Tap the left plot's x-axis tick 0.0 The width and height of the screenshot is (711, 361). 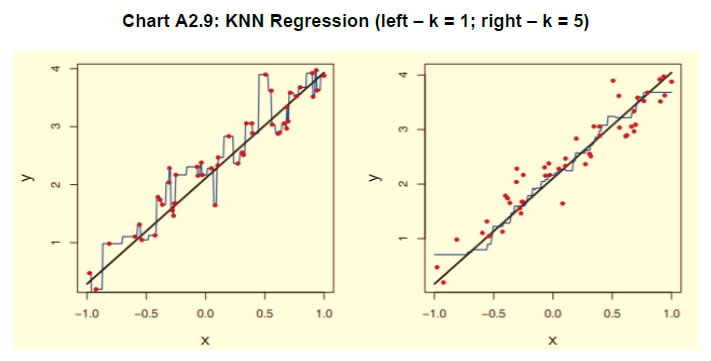pos(206,313)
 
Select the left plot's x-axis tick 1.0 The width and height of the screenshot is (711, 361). pos(323,313)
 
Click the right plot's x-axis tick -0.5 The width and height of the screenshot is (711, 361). pos(493,313)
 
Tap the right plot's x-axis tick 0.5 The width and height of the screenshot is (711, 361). pos(611,313)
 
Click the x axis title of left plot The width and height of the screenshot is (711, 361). pos(205,340)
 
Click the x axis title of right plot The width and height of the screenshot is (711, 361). pos(552,340)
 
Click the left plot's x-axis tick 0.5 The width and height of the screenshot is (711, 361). pos(265,313)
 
